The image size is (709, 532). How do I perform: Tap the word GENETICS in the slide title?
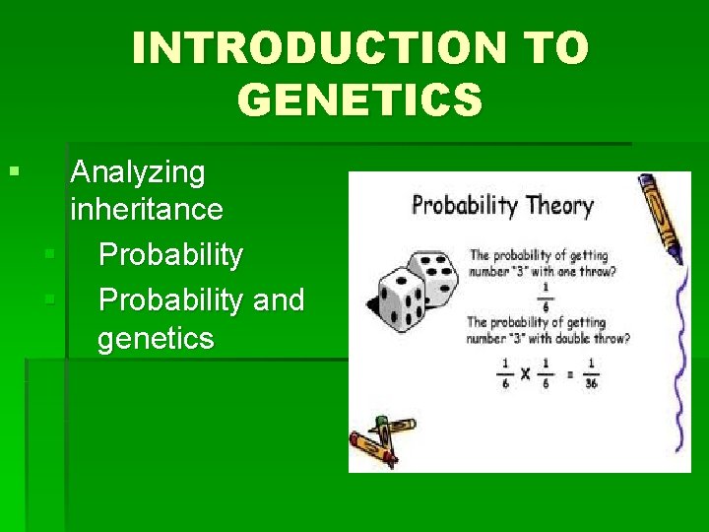(360, 99)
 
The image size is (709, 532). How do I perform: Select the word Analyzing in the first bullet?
(138, 172)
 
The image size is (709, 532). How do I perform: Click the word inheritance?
(147, 209)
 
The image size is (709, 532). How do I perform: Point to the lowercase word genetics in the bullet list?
(156, 339)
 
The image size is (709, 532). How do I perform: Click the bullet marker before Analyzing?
(13, 172)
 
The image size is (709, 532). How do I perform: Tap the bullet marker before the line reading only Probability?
(49, 255)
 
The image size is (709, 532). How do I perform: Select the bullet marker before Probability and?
(49, 299)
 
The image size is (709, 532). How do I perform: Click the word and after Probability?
(279, 299)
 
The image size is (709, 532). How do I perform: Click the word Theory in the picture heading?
(559, 206)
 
